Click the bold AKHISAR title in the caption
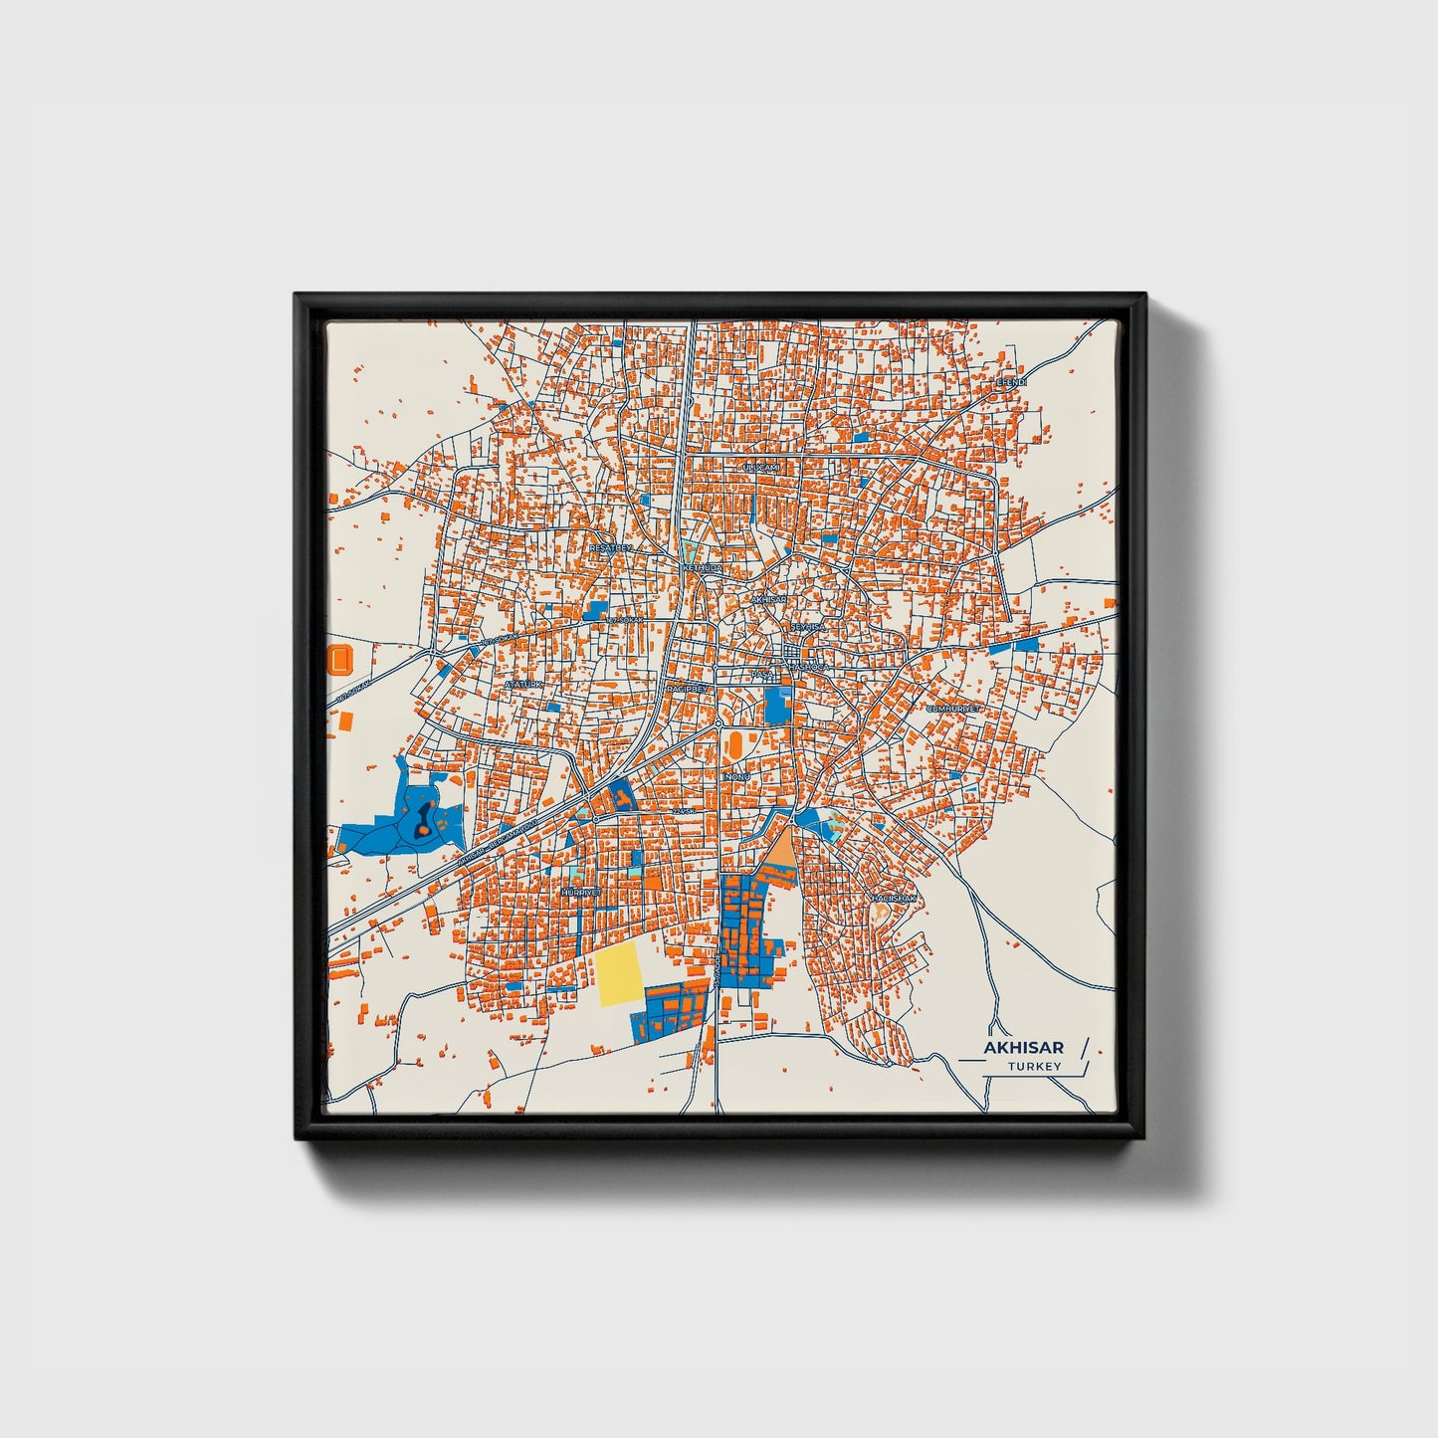(1023, 1047)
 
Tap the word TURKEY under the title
(1034, 1066)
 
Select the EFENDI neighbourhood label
(1011, 381)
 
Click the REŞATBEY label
(611, 547)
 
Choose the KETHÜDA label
(702, 567)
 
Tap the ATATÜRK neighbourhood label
(524, 685)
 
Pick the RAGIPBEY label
(687, 688)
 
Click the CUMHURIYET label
(953, 709)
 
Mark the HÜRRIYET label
(582, 893)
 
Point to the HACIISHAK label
(893, 898)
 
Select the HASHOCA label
(807, 666)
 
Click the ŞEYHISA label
(807, 627)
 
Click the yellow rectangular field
(619, 974)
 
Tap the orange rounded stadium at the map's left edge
(339, 658)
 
